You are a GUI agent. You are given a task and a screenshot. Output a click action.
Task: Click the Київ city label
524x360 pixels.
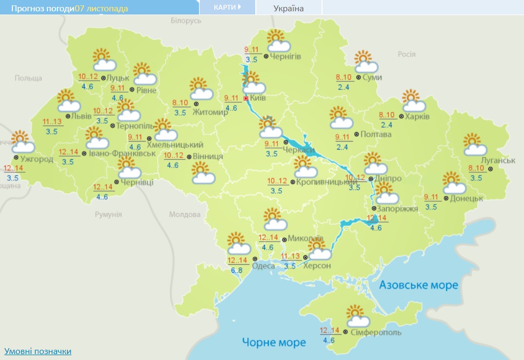pyautogui.click(x=258, y=98)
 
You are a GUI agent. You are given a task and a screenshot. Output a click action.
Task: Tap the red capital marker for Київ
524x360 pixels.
pyautogui.click(x=246, y=98)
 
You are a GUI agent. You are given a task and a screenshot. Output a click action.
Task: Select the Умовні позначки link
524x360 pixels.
pyautogui.click(x=38, y=351)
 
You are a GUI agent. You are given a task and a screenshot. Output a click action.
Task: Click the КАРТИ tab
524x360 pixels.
pyautogui.click(x=227, y=7)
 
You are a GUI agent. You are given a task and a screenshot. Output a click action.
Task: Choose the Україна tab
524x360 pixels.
pyautogui.click(x=288, y=8)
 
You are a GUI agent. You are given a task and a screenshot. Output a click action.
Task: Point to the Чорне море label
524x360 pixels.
pyautogui.click(x=274, y=342)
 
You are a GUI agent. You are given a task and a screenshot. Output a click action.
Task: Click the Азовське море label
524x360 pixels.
pyautogui.click(x=418, y=285)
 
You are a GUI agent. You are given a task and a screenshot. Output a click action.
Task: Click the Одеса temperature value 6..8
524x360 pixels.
pyautogui.click(x=236, y=270)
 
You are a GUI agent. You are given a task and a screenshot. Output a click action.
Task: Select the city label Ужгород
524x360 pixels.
pyautogui.click(x=37, y=159)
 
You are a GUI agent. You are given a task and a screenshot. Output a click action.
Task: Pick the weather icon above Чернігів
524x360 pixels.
pyautogui.click(x=277, y=41)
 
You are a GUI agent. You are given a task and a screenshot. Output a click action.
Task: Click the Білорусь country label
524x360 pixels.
pyautogui.click(x=185, y=20)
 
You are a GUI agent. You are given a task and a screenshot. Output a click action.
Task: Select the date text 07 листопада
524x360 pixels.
pyautogui.click(x=101, y=9)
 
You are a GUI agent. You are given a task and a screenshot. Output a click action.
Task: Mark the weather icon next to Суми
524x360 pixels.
pyautogui.click(x=366, y=62)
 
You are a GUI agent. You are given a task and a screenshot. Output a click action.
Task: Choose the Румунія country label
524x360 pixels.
pyautogui.click(x=109, y=214)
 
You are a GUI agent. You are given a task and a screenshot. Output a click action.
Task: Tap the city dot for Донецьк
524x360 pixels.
pyautogui.click(x=446, y=198)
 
